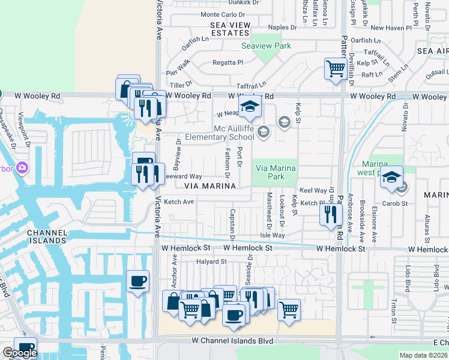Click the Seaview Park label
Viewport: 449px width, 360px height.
266,46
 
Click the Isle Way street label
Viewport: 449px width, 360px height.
272,236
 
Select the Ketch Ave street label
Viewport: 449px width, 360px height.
179,202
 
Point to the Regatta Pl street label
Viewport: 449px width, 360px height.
228,62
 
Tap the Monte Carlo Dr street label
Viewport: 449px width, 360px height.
223,14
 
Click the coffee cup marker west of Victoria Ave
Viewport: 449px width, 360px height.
137,281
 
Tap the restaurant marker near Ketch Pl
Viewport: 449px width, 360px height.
330,214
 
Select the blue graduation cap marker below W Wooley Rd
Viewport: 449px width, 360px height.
250,108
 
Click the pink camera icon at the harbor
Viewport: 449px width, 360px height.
22,167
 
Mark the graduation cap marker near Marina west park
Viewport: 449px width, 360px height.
391,178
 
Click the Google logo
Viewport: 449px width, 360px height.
20,353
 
